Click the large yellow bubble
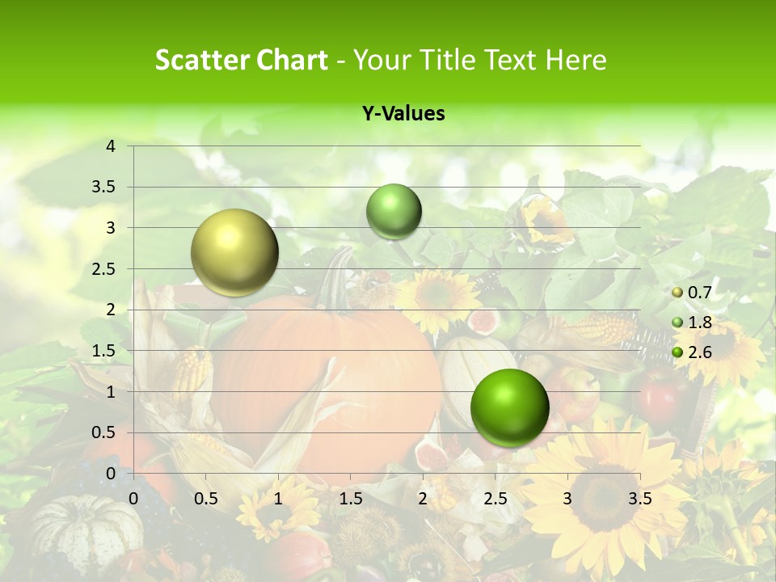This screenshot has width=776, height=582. pos(234,252)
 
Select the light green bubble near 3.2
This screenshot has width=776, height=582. pos(394,211)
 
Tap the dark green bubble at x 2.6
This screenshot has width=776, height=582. pos(509,407)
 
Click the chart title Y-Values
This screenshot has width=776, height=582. pos(403,114)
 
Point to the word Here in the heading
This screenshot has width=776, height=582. pos(576,60)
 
